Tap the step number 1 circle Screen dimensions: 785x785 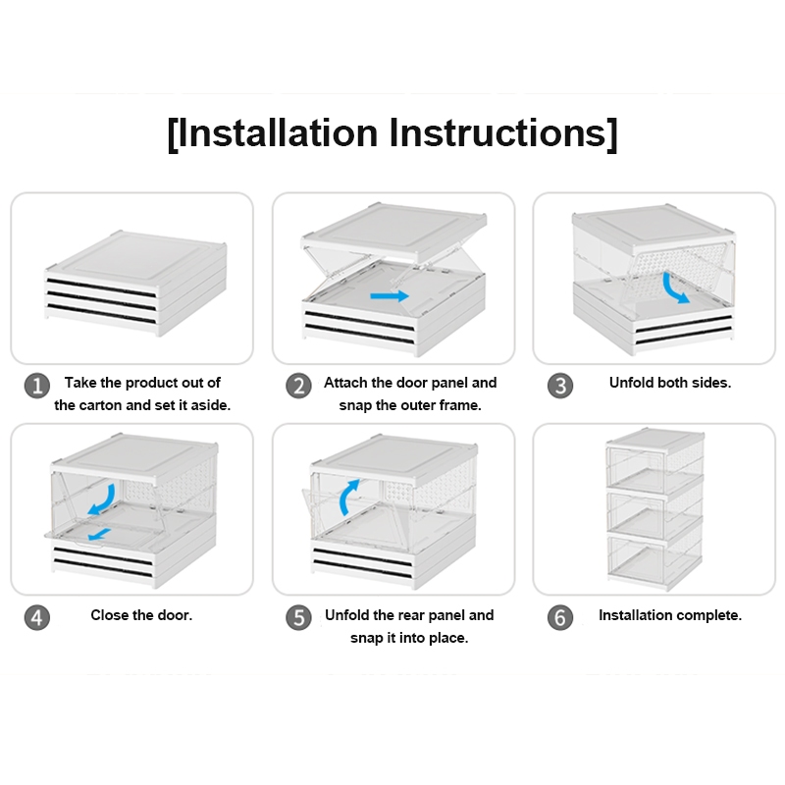click(37, 386)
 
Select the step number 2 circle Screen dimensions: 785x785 click(299, 386)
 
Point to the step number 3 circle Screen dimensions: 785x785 click(560, 386)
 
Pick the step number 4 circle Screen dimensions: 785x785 click(37, 617)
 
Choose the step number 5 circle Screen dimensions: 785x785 click(299, 617)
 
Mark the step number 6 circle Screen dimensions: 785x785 click(560, 617)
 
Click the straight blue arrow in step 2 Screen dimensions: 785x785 click(390, 296)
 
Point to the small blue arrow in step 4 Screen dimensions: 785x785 click(99, 534)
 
